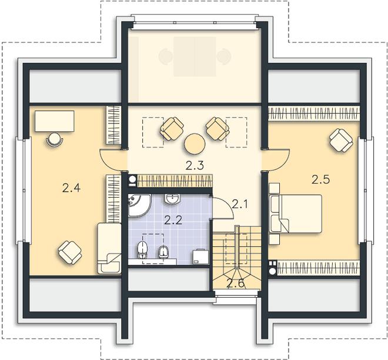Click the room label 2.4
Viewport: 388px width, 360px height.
71,188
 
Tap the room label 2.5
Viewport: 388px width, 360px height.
321,179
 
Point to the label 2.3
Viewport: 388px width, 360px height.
195,165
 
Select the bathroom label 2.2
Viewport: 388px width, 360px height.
173,220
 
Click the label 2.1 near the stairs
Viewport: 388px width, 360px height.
240,204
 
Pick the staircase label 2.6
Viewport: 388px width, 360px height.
236,284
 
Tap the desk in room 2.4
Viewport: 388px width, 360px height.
55,121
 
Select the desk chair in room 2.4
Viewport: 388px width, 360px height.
55,139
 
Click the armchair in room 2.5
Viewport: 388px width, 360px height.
341,140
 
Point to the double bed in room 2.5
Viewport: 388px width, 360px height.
296,214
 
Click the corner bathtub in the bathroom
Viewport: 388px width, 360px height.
139,205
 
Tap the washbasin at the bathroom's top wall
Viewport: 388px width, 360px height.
172,199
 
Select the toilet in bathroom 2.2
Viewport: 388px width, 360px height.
142,250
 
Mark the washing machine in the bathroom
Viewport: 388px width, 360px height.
200,257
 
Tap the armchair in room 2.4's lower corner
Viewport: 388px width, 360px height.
70,252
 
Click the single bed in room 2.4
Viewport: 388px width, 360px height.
109,248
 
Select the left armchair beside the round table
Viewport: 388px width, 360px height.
172,129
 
